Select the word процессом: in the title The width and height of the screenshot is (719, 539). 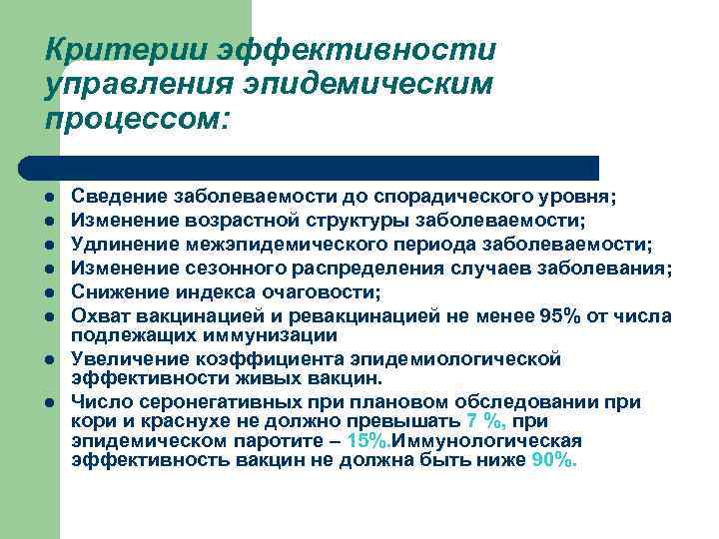click(137, 120)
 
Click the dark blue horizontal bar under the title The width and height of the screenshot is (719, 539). click(310, 168)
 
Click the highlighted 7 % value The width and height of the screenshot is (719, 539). click(486, 421)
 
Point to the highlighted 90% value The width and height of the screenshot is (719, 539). click(555, 461)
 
